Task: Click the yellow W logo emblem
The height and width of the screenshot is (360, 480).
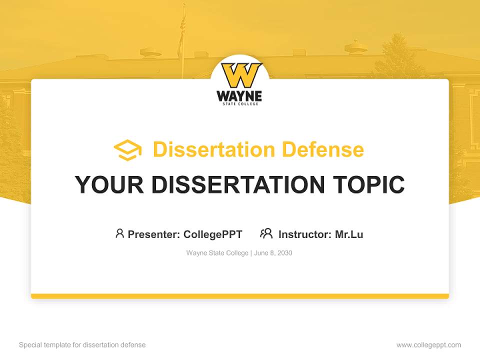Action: pyautogui.click(x=241, y=75)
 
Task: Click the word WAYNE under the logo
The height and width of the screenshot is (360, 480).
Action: pyautogui.click(x=239, y=96)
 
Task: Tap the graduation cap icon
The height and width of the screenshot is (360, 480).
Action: pyautogui.click(x=127, y=150)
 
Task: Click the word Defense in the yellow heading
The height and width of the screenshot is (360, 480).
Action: pyautogui.click(x=323, y=149)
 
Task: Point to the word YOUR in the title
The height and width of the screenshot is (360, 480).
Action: pyautogui.click(x=109, y=184)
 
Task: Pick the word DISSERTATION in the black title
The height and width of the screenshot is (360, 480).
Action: pyautogui.click(x=238, y=184)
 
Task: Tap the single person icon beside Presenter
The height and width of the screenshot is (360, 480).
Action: pyautogui.click(x=119, y=233)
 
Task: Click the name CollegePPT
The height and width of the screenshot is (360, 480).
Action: pyautogui.click(x=213, y=234)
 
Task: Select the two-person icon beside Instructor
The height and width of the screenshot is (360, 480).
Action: pyautogui.click(x=266, y=233)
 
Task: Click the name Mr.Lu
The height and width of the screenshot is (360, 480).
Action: pyautogui.click(x=349, y=234)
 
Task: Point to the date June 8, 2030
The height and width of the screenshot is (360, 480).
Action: pyautogui.click(x=273, y=253)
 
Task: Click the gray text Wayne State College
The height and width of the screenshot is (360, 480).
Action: pyautogui.click(x=217, y=253)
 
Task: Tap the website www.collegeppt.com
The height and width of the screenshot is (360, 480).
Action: pyautogui.click(x=428, y=345)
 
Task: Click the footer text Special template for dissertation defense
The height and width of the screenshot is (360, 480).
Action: pyautogui.click(x=82, y=345)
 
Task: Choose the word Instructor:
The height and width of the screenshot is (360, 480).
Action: pyautogui.click(x=305, y=234)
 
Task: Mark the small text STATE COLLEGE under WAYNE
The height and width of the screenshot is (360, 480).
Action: pyautogui.click(x=240, y=104)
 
